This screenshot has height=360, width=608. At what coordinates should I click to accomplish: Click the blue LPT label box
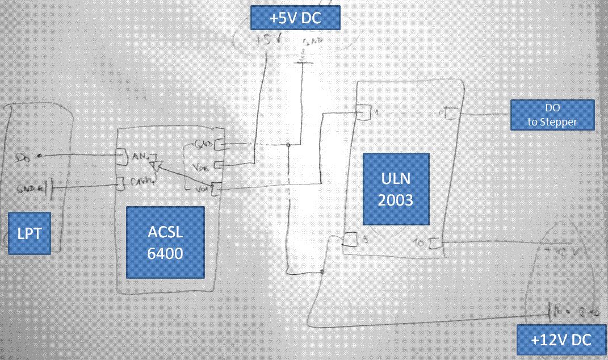[30, 233]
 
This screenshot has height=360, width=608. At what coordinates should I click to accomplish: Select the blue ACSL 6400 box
[165, 242]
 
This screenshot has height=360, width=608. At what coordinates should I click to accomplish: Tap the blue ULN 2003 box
[396, 189]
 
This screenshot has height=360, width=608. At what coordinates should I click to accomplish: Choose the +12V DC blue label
[561, 340]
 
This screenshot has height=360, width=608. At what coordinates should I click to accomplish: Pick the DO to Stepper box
[552, 115]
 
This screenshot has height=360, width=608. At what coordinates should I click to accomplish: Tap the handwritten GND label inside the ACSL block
[203, 143]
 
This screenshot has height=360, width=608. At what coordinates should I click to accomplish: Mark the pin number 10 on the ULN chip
[421, 245]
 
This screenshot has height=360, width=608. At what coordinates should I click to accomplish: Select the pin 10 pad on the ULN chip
[436, 245]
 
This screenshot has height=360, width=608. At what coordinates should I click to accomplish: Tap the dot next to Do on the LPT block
[39, 155]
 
